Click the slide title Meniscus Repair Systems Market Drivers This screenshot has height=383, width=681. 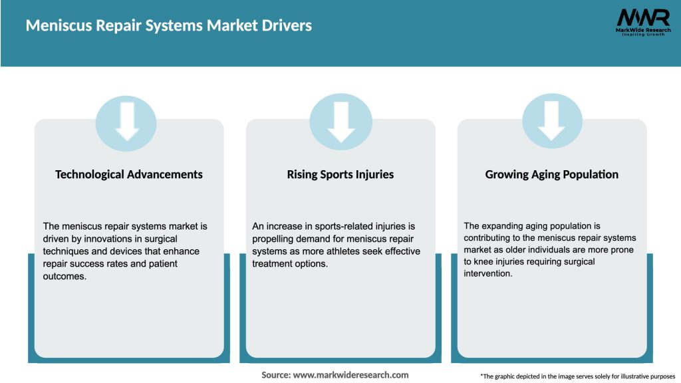click(169, 26)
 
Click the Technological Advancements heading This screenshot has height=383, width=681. click(129, 174)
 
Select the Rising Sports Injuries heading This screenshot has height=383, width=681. click(340, 174)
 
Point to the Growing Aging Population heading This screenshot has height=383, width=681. click(552, 174)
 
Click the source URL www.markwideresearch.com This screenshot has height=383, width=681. click(350, 375)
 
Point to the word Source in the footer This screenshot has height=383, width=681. click(275, 375)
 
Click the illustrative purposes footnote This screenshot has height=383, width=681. click(577, 376)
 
